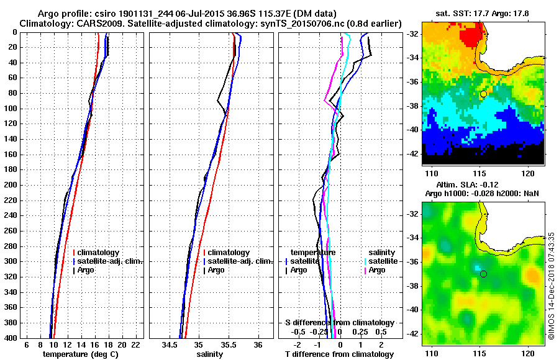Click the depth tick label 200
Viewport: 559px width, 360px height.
(x=10, y=185)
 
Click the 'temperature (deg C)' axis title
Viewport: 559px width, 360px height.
(x=80, y=354)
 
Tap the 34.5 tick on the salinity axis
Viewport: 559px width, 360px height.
(x=170, y=344)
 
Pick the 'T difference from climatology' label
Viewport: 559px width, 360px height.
(x=339, y=354)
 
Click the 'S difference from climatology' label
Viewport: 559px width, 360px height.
(x=339, y=323)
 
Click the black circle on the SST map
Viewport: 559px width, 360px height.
(x=483, y=94)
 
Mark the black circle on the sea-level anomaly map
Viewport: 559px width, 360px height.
(x=483, y=274)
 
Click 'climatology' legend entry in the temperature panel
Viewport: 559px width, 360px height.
(x=99, y=253)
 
